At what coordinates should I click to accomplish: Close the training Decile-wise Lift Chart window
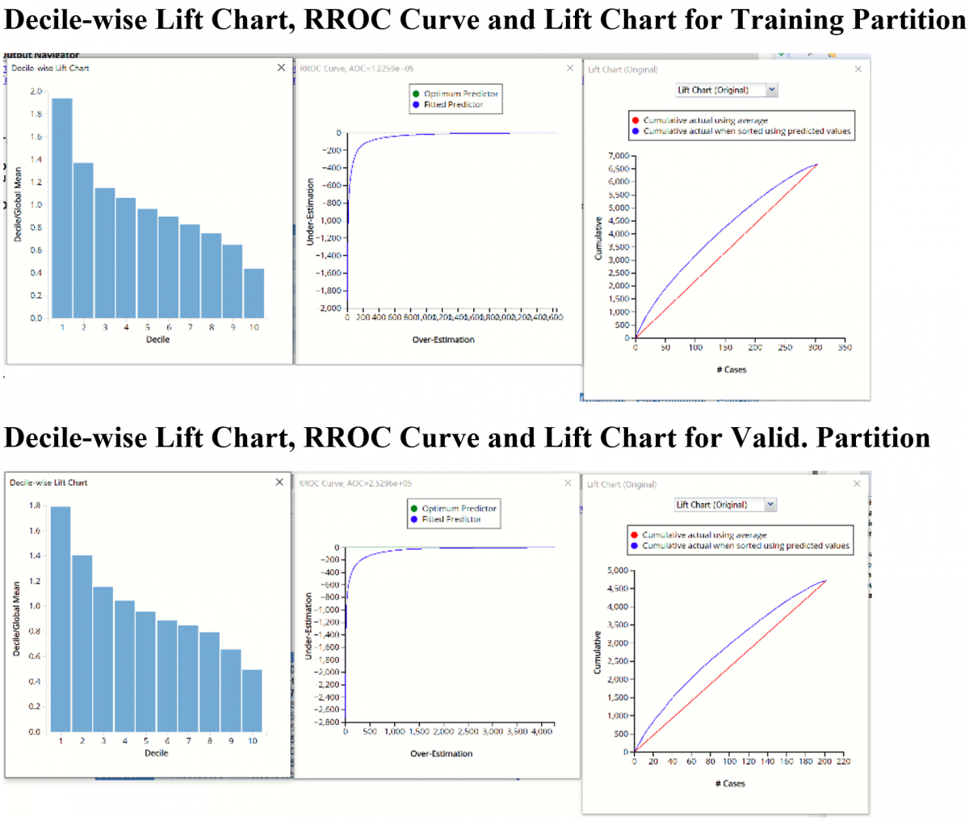[x=281, y=68]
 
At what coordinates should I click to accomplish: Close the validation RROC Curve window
[x=568, y=483]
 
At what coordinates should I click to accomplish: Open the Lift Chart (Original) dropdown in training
[x=771, y=90]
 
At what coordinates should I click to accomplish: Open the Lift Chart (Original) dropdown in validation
[x=770, y=505]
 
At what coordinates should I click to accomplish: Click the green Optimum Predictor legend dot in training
[x=416, y=94]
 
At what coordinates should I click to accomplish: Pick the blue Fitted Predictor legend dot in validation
[x=414, y=519]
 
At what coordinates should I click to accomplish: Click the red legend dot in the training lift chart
[x=636, y=120]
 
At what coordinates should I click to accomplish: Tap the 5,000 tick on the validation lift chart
[x=618, y=571]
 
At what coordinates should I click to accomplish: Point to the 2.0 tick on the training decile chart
[x=36, y=91]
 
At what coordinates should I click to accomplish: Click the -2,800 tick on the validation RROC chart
[x=329, y=722]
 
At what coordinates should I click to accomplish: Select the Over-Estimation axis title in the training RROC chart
[x=443, y=340]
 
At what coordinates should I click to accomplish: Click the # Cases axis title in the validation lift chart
[x=730, y=783]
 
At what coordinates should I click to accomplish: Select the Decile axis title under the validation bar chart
[x=156, y=752]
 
